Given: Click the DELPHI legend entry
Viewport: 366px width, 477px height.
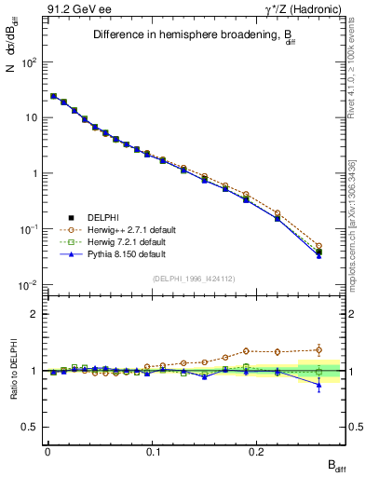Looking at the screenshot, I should tap(103, 217).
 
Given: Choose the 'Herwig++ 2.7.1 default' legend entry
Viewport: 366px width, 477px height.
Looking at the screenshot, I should tap(130, 229).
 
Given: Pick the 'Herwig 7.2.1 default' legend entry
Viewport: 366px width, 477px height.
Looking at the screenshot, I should tap(128, 241).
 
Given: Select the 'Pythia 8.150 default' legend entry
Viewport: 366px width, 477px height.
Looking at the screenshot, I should tap(127, 253).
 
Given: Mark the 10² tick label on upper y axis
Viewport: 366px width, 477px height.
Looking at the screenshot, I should tap(29, 62).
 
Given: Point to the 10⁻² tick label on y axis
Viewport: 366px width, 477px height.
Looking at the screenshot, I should tap(29, 285).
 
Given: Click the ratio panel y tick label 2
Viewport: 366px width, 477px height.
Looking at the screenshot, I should tap(34, 314).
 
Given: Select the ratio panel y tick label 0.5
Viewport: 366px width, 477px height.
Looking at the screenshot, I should tap(31, 427).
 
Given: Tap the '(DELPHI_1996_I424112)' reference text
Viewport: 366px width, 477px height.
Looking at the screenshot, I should tap(195, 278).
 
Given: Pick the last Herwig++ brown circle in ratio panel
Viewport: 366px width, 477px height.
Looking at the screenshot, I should tap(319, 350).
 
